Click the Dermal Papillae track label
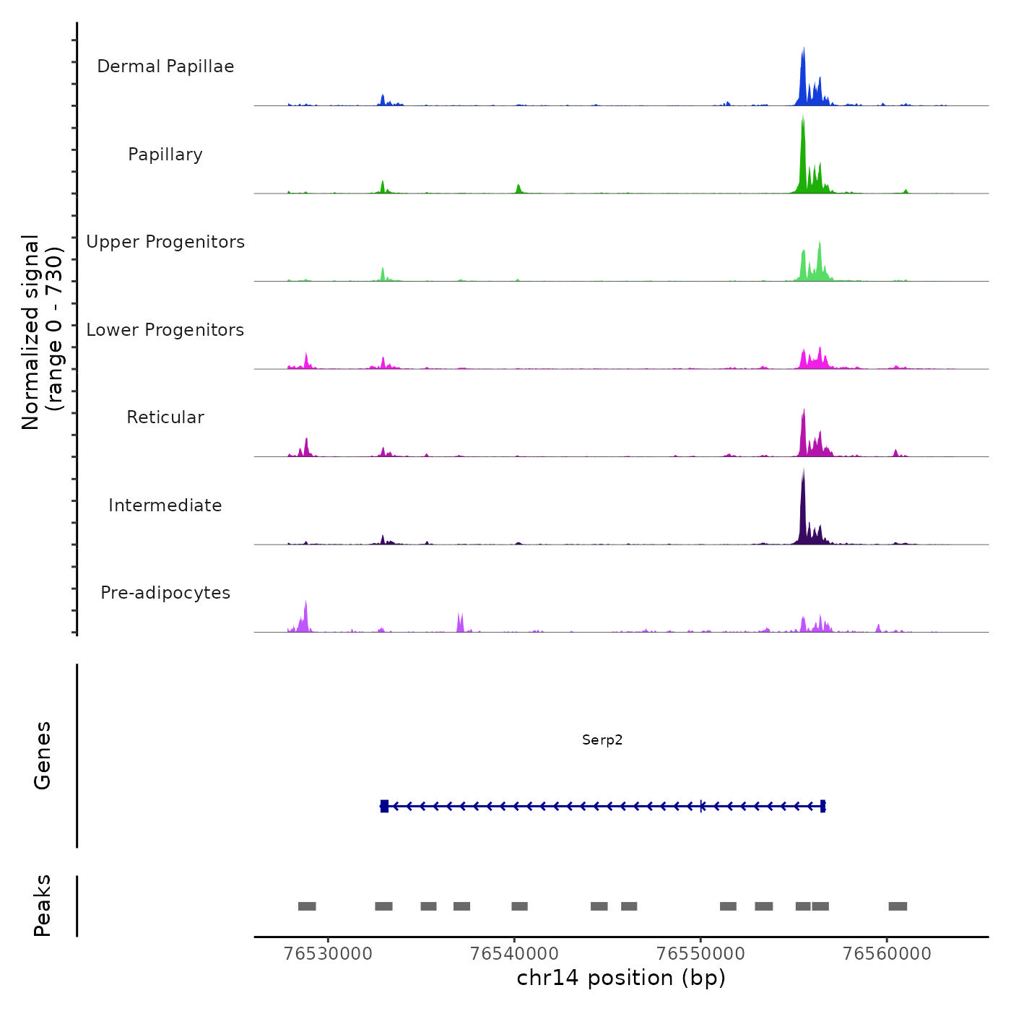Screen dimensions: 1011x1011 (165, 66)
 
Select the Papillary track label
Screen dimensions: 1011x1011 (165, 155)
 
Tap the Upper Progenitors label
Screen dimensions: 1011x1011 (165, 242)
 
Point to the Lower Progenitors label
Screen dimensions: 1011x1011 (165, 330)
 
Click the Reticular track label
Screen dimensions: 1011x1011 (165, 417)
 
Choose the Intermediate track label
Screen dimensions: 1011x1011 (165, 506)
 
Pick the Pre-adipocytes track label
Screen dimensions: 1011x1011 (165, 593)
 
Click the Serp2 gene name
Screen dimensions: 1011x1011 (602, 740)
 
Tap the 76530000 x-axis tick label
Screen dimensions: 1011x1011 (329, 954)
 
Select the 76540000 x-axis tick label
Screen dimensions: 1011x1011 (514, 954)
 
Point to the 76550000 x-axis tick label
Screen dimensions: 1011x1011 (700, 954)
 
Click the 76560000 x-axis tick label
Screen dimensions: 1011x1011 (887, 954)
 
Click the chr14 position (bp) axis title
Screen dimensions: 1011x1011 (621, 978)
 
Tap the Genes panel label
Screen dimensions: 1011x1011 (43, 755)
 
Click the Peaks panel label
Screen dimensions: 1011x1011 (43, 906)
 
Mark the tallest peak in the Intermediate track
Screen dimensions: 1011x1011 (803, 473)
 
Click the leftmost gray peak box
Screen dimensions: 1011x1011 (307, 906)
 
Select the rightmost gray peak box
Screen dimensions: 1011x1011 (898, 906)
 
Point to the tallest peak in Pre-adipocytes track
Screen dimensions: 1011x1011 (306, 604)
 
